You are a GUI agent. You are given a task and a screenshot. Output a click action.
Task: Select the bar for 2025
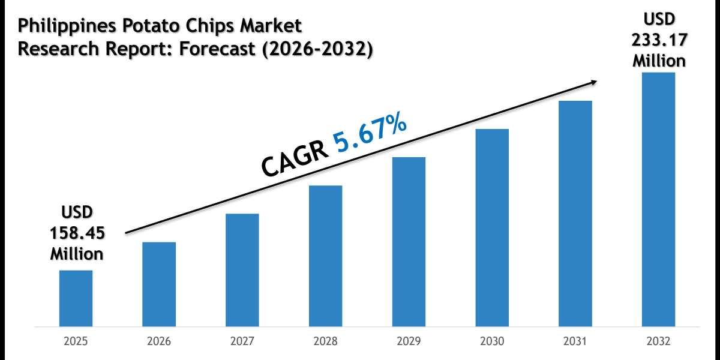click(x=76, y=298)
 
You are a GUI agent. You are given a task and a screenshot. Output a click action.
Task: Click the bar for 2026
click(x=159, y=284)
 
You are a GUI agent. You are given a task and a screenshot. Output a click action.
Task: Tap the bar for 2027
click(x=242, y=270)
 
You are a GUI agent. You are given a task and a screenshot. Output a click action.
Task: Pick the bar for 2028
click(x=326, y=256)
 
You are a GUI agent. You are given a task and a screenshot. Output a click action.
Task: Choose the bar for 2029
click(x=409, y=242)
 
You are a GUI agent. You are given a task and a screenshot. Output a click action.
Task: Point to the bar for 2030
click(x=492, y=228)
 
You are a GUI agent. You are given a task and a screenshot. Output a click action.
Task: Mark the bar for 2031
click(x=575, y=214)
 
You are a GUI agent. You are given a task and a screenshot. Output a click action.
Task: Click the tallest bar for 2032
click(x=658, y=200)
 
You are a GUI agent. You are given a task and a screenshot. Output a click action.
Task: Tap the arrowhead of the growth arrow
click(x=594, y=82)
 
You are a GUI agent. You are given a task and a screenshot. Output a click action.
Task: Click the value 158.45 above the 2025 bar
click(x=76, y=233)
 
